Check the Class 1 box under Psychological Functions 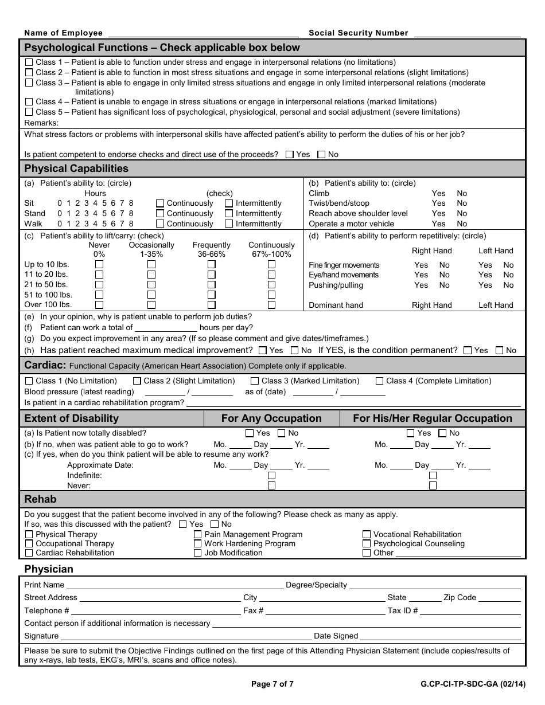click(29, 62)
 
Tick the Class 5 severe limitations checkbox click(29, 112)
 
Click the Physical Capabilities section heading click(76, 169)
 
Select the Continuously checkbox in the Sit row click(160, 203)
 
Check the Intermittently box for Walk click(229, 224)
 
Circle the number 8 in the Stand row click(131, 214)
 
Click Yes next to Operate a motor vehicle click(438, 224)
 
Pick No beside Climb click(462, 194)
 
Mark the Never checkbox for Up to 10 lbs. click(99, 265)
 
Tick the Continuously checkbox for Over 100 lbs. click(271, 305)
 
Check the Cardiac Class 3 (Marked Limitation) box click(255, 381)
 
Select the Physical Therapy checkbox click(29, 535)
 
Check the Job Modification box click(198, 553)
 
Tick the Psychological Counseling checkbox click(367, 544)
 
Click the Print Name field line click(175, 586)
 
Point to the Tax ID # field click(470, 611)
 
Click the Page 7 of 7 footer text click(272, 684)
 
